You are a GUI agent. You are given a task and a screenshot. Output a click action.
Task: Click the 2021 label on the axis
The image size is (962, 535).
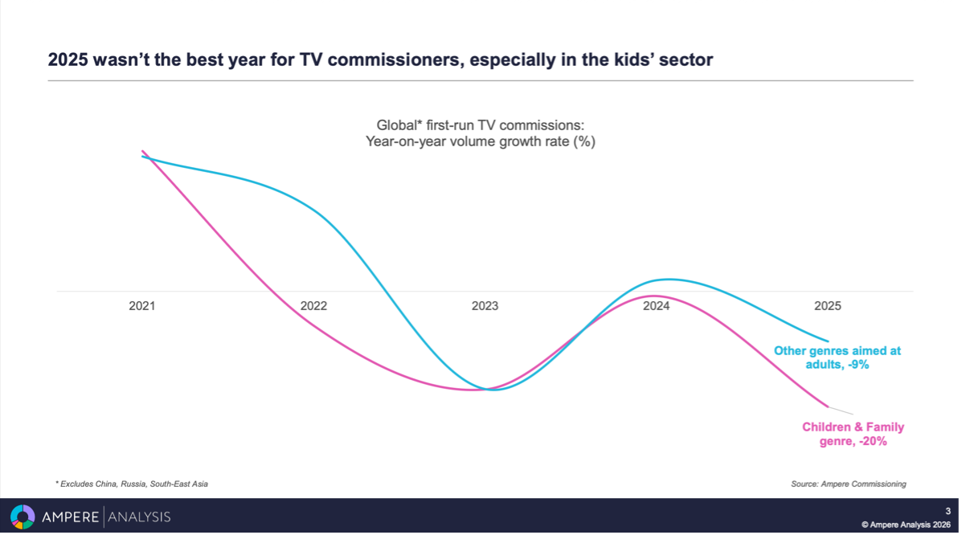tap(142, 306)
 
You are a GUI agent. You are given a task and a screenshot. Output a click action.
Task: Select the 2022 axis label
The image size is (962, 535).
tap(313, 306)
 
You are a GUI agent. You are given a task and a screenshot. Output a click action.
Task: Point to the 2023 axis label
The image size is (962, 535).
tap(485, 306)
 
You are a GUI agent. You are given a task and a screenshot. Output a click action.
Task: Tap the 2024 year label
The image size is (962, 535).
tap(657, 306)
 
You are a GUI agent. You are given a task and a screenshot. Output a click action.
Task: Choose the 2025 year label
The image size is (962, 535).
tap(828, 306)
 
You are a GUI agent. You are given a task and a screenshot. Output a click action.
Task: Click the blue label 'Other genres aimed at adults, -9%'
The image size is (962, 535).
tap(837, 357)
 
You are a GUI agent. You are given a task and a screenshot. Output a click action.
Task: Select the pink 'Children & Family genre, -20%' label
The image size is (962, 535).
tap(853, 435)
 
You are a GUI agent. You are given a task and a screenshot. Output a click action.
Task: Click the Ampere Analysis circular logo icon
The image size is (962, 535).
tap(23, 517)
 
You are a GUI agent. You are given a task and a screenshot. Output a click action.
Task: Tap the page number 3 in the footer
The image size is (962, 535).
tap(948, 511)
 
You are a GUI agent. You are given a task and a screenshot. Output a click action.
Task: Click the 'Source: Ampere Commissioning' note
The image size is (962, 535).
tap(849, 484)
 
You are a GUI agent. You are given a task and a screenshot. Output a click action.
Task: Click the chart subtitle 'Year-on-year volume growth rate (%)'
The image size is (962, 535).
tap(481, 141)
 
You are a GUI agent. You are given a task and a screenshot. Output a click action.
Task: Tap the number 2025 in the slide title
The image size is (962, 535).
tap(69, 59)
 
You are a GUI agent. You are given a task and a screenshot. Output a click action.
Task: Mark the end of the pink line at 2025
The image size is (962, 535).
tap(828, 406)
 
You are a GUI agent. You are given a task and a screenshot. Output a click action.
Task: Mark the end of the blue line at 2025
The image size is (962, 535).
tap(828, 341)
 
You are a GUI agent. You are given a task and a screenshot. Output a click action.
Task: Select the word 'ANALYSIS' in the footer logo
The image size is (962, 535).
tap(139, 517)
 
